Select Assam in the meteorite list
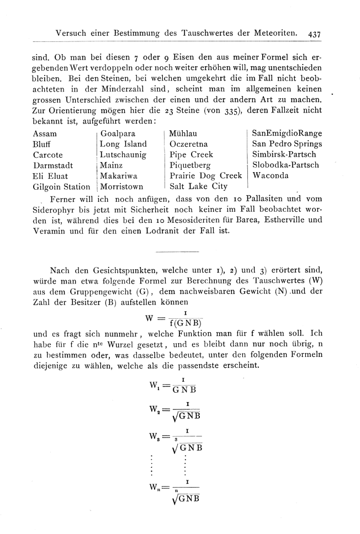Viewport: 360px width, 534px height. click(45, 133)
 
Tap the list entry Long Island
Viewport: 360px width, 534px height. click(123, 144)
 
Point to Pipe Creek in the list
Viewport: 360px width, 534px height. click(191, 154)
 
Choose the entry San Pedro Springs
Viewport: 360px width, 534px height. click(287, 144)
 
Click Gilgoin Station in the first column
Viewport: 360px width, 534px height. click(61, 186)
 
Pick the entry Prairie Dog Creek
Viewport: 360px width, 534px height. click(206, 176)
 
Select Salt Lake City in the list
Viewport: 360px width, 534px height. click(198, 186)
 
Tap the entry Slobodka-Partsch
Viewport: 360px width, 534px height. click(285, 165)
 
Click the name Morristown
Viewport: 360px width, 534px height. click(122, 186)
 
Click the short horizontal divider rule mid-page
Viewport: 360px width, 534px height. click(177, 252)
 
